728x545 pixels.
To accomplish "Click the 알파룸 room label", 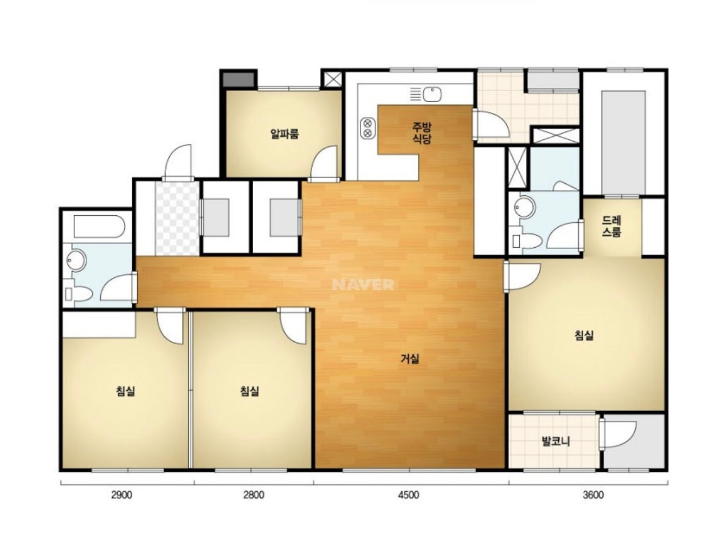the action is coord(284,134).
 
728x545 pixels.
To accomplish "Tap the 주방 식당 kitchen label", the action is coord(421,133).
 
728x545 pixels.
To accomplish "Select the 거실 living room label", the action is coord(410,358).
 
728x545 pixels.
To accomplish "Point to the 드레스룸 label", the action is coord(611,226).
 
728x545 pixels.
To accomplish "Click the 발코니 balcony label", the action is coord(555,441).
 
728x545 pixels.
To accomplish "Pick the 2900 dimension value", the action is coord(122,495).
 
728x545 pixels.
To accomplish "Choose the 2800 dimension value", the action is coord(254,495).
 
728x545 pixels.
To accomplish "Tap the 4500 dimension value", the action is coord(408,495).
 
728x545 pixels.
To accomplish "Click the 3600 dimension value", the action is coord(593,495).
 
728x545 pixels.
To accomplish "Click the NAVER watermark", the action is coord(363,285).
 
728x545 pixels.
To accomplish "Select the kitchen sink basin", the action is coord(432,95).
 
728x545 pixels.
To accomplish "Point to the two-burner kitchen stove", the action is coord(368,128).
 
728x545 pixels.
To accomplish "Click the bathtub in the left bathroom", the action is coord(99,227).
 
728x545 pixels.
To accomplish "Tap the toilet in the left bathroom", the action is coord(78,294).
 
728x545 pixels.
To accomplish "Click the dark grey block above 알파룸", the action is coord(238,80).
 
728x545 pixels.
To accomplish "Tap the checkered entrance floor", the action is coord(177,218).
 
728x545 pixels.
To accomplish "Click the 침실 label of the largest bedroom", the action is coord(584,335).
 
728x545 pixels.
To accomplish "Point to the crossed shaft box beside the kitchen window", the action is coord(333,80).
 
